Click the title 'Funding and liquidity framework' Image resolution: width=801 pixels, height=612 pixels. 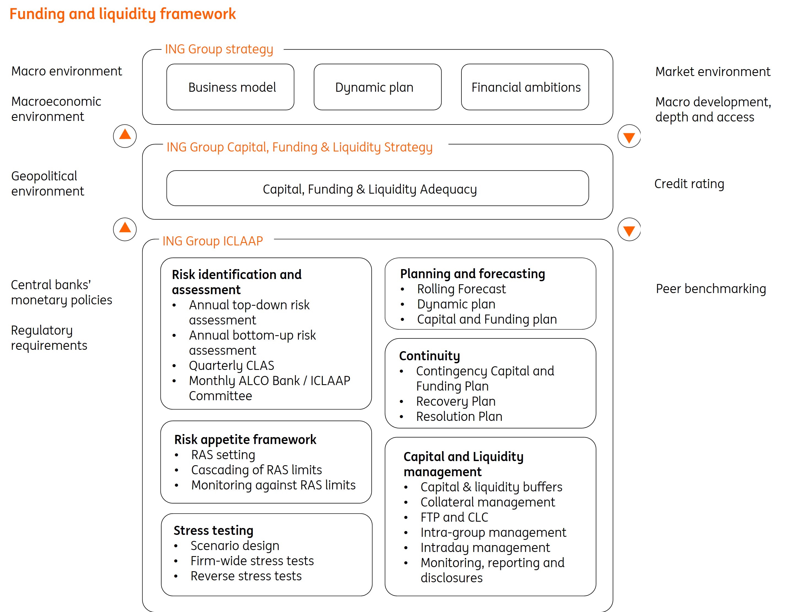pyautogui.click(x=122, y=14)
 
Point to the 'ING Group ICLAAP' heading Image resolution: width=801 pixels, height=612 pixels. pyautogui.click(x=213, y=241)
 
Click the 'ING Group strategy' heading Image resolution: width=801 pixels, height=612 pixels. pyautogui.click(x=219, y=49)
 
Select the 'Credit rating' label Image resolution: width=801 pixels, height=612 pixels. pyautogui.click(x=689, y=184)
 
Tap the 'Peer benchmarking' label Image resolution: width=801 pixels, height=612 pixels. pyautogui.click(x=711, y=289)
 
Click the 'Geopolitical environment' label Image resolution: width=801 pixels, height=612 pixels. pyautogui.click(x=47, y=183)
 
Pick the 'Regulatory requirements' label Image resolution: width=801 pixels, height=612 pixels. pyautogui.click(x=49, y=337)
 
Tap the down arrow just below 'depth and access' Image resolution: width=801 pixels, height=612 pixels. pyautogui.click(x=629, y=137)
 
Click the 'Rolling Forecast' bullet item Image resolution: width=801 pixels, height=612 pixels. pyautogui.click(x=461, y=289)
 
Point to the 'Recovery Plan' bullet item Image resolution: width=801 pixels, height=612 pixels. pyautogui.click(x=456, y=401)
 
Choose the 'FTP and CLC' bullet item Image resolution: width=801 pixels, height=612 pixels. pyautogui.click(x=454, y=517)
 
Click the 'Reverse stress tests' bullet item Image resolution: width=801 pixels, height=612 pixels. pyautogui.click(x=246, y=576)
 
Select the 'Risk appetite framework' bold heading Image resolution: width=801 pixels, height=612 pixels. pyautogui.click(x=245, y=439)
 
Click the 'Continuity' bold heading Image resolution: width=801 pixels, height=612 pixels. pyautogui.click(x=429, y=356)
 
